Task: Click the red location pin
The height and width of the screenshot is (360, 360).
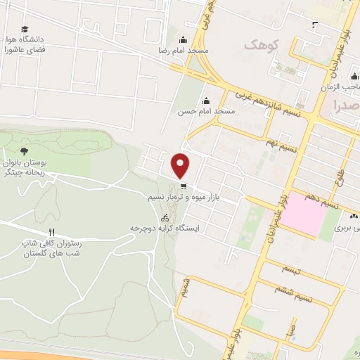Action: [x=181, y=165]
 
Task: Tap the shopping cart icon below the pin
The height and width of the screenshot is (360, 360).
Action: [x=184, y=187]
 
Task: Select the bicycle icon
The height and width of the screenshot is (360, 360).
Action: [x=165, y=217]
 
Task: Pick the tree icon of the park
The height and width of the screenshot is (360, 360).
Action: [x=25, y=151]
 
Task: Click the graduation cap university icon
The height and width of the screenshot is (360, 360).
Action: [x=25, y=30]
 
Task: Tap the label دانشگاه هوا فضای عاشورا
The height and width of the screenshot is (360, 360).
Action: [x=25, y=46]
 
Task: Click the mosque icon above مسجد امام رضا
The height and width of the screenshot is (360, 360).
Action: [x=184, y=40]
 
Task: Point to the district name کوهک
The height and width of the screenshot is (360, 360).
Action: [x=262, y=45]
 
